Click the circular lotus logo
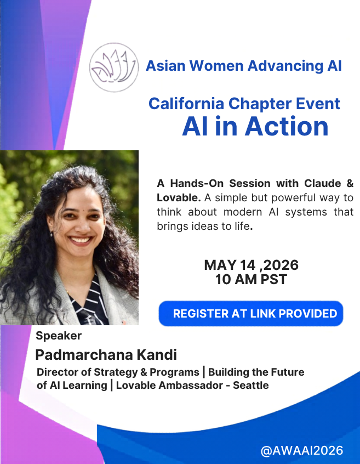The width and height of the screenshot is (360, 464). [x=114, y=67]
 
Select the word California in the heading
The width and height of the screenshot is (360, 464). [x=186, y=104]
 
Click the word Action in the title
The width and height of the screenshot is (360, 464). [x=287, y=126]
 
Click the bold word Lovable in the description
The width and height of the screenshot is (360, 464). [x=179, y=197]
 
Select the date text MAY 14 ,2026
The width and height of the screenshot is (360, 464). [x=251, y=265]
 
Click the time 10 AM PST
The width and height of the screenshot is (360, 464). [x=251, y=280]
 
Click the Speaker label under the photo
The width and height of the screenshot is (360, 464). [x=59, y=336]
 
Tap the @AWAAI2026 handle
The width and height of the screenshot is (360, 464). [x=302, y=451]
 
